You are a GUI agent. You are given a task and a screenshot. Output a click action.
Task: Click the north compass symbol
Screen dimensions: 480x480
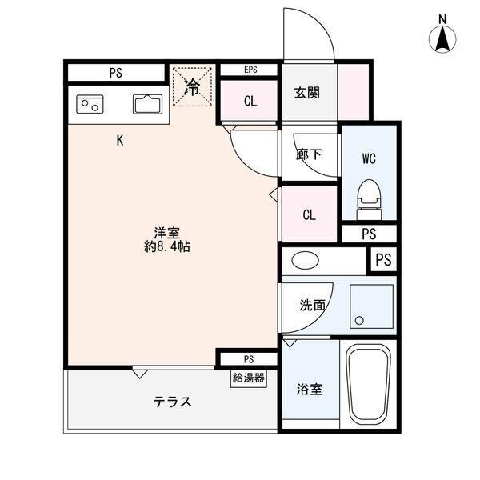click(442, 37)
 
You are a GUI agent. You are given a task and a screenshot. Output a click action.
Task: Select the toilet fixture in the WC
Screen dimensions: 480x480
click(368, 195)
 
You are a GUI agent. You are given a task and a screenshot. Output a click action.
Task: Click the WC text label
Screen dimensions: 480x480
click(368, 158)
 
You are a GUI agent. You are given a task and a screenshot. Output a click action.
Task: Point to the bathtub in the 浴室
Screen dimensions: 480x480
click(369, 386)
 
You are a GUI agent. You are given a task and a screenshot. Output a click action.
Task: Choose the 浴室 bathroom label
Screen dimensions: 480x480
click(308, 390)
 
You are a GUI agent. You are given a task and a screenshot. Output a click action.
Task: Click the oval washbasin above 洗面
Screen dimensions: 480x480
click(304, 261)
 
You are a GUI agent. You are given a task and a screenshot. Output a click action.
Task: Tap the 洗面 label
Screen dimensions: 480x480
click(312, 305)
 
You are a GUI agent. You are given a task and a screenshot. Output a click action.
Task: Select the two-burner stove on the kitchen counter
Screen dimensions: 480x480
click(89, 103)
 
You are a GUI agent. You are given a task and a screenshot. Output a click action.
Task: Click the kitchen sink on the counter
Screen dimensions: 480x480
click(147, 104)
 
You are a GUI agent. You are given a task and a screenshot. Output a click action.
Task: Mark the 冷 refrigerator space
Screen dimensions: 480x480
click(193, 86)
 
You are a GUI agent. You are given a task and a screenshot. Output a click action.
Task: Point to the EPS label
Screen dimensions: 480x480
click(249, 70)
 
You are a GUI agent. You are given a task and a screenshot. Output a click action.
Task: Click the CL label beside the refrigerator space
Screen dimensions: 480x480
click(250, 101)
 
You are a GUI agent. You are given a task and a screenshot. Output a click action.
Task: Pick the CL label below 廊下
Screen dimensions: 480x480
click(309, 214)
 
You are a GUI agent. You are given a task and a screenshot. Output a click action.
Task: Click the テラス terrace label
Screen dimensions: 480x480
click(173, 402)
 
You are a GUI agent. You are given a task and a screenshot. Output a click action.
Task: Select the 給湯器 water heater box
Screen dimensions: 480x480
click(249, 378)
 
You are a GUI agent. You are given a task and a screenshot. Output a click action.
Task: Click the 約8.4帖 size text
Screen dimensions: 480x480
click(166, 247)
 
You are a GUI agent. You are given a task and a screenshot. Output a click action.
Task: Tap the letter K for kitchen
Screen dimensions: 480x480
click(120, 141)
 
